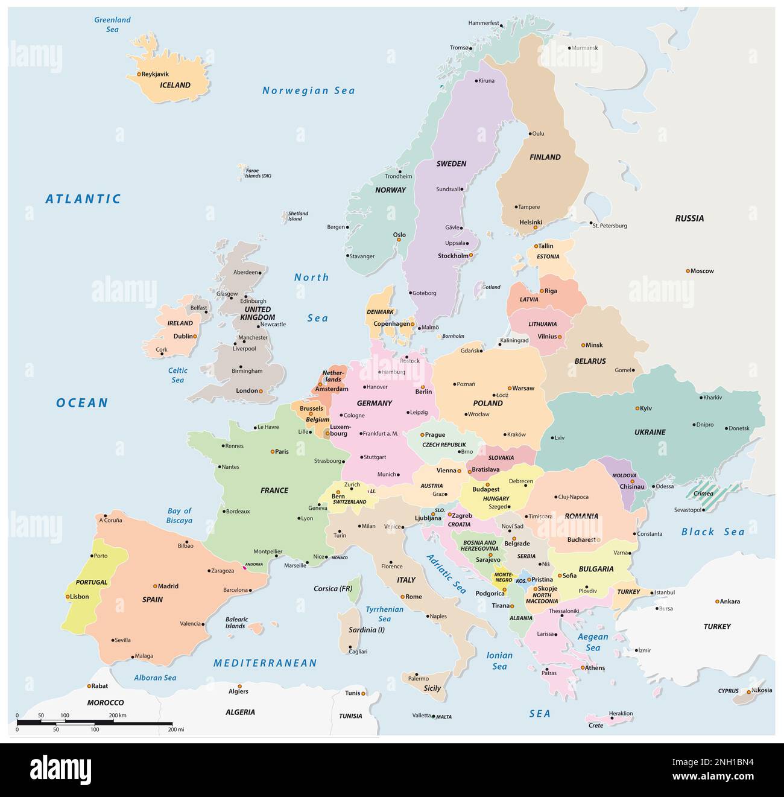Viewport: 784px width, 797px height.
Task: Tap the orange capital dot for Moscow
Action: [x=688, y=271]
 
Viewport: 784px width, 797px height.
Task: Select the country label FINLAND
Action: [x=545, y=157]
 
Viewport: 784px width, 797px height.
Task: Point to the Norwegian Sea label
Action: [x=308, y=90]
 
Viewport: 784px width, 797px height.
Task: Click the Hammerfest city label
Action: [x=483, y=23]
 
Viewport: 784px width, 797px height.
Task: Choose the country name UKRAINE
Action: [x=650, y=432]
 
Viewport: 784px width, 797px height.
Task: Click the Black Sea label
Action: [x=713, y=532]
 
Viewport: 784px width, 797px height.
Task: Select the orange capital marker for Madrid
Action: [x=155, y=586]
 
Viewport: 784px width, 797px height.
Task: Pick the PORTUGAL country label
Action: [x=92, y=582]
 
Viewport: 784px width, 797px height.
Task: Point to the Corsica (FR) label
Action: [x=333, y=588]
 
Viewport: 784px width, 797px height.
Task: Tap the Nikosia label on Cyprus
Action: [x=762, y=690]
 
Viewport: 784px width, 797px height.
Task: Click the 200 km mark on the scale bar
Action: [x=118, y=715]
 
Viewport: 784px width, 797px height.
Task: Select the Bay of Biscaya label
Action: [x=179, y=515]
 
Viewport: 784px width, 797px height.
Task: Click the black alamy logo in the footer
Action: [x=60, y=770]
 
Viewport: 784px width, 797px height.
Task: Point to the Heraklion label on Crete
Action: [x=621, y=713]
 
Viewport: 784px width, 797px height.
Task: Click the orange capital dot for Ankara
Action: [x=717, y=602]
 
